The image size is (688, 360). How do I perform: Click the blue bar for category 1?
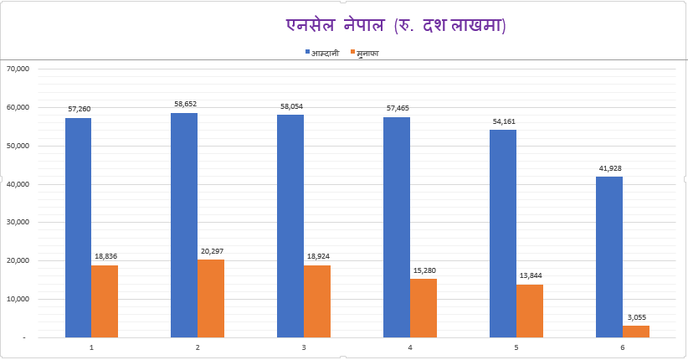[x=78, y=227]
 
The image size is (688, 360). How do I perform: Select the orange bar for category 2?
[x=211, y=298]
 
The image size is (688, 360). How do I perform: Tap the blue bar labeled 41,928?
[x=609, y=256]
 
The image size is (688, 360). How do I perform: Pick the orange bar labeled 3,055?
[x=636, y=332]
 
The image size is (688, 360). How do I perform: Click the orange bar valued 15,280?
[x=424, y=308]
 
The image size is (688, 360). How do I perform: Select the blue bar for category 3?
[x=290, y=225]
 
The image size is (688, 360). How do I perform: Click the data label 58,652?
[x=184, y=104]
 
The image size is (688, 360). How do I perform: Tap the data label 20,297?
[x=211, y=250]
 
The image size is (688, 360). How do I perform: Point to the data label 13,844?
[x=530, y=275]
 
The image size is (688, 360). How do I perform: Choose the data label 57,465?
[x=397, y=108]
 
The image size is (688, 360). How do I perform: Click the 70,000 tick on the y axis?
[x=17, y=69]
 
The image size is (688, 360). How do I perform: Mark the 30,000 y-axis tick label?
[x=17, y=222]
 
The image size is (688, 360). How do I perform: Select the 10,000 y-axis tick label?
[x=17, y=299]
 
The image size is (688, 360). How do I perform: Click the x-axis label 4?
[x=410, y=347]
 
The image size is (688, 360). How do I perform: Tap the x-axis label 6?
[x=623, y=347]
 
